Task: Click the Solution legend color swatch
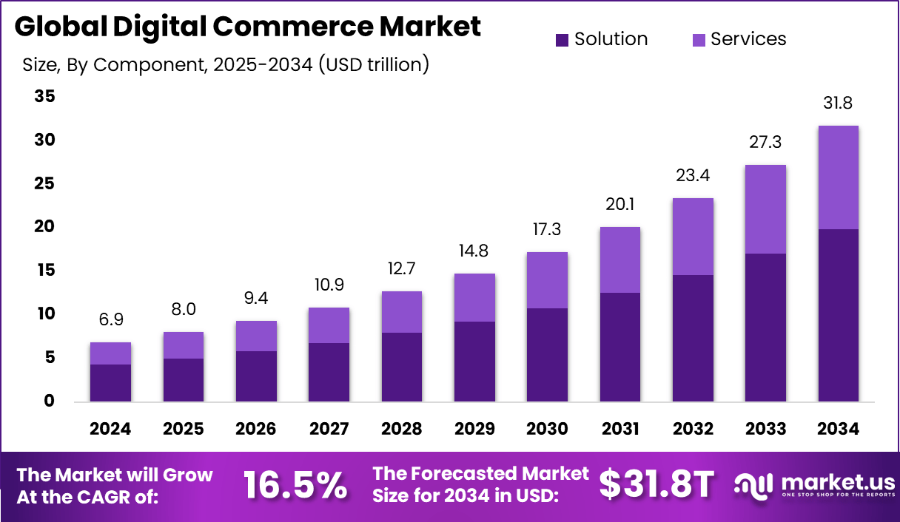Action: click(x=562, y=40)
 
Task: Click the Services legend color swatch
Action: click(x=699, y=40)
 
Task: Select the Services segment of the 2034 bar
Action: click(x=838, y=177)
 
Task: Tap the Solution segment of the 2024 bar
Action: click(x=110, y=383)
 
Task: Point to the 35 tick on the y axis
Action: click(x=44, y=97)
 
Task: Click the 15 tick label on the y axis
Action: click(x=44, y=271)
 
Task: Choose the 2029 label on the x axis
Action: click(x=475, y=429)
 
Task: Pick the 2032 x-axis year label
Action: click(x=694, y=429)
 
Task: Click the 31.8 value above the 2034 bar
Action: click(x=838, y=103)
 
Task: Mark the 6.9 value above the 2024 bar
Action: click(x=110, y=320)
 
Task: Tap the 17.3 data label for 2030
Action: click(x=547, y=229)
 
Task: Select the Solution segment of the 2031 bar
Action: click(x=620, y=348)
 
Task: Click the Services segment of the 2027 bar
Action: click(x=329, y=325)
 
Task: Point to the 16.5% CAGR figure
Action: click(x=295, y=486)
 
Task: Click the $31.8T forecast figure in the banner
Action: click(x=656, y=485)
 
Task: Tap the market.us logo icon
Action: click(x=753, y=484)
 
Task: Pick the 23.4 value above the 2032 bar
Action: click(x=694, y=175)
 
